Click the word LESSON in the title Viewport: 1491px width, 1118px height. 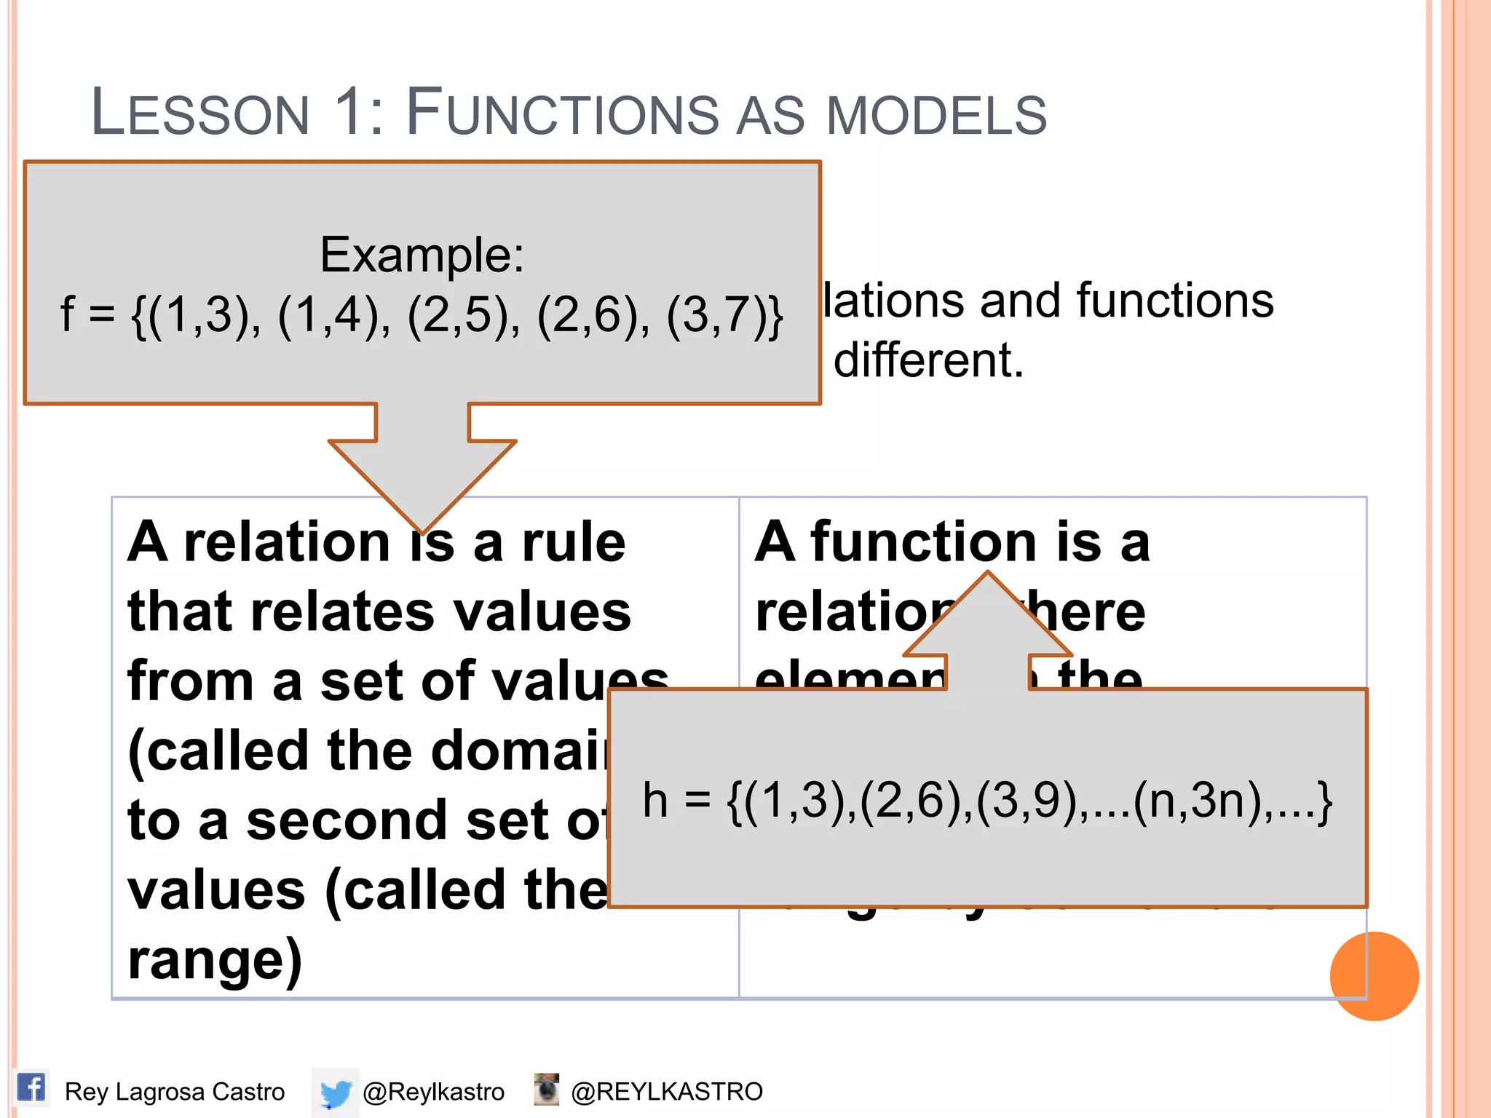coord(201,114)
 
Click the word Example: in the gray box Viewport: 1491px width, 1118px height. coord(422,255)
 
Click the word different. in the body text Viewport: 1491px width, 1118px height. coord(928,360)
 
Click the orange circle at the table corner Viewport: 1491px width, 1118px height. coord(1374,976)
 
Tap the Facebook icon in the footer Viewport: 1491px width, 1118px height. coord(31,1088)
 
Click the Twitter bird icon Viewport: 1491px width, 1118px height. coord(336,1092)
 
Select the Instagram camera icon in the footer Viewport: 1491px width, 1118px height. coord(546,1090)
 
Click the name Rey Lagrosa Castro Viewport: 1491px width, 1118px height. coord(175,1092)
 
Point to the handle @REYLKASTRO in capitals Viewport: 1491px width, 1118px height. coord(666,1092)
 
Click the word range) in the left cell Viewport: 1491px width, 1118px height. coord(215,960)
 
